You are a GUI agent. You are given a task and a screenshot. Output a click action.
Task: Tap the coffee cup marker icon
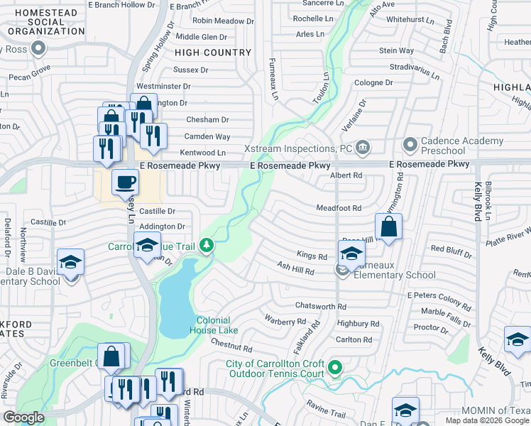[126, 182]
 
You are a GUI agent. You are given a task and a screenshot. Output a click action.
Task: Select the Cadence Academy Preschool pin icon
[410, 146]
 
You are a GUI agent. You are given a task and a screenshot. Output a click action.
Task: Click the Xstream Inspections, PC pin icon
[363, 148]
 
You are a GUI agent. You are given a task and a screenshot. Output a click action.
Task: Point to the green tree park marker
[207, 246]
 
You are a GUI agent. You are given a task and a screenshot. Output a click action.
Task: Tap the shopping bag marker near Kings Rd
[388, 227]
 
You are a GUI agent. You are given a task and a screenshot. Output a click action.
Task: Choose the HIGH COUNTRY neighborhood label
[213, 53]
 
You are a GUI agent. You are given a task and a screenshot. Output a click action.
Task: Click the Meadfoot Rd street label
[339, 208]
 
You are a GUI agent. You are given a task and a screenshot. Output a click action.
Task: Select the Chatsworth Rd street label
[321, 306]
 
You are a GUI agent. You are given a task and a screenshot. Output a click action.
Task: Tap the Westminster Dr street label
[164, 86]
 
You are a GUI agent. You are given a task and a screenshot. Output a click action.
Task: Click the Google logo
[24, 417]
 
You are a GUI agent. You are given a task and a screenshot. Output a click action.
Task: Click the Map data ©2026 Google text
[487, 420]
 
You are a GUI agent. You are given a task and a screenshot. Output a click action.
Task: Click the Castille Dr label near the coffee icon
[157, 211]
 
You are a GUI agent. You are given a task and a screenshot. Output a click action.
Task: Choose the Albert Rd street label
[346, 175]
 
